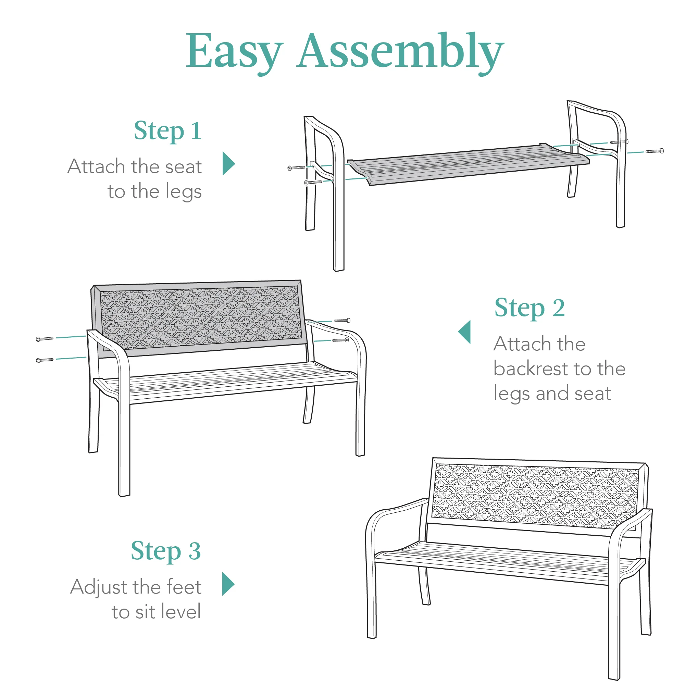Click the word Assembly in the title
pyautogui.click(x=401, y=51)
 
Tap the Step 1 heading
pyautogui.click(x=168, y=131)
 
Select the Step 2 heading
pyautogui.click(x=530, y=308)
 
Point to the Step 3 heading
pyautogui.click(x=165, y=551)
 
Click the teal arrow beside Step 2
pyautogui.click(x=465, y=332)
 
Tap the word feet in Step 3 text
pyautogui.click(x=184, y=587)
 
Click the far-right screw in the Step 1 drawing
pyautogui.click(x=655, y=151)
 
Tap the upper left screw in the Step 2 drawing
pyautogui.click(x=45, y=339)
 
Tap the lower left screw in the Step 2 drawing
pyautogui.click(x=45, y=360)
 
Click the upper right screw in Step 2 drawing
pyautogui.click(x=342, y=321)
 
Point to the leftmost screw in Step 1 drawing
pyautogui.click(x=296, y=168)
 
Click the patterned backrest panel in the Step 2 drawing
pyautogui.click(x=200, y=317)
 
